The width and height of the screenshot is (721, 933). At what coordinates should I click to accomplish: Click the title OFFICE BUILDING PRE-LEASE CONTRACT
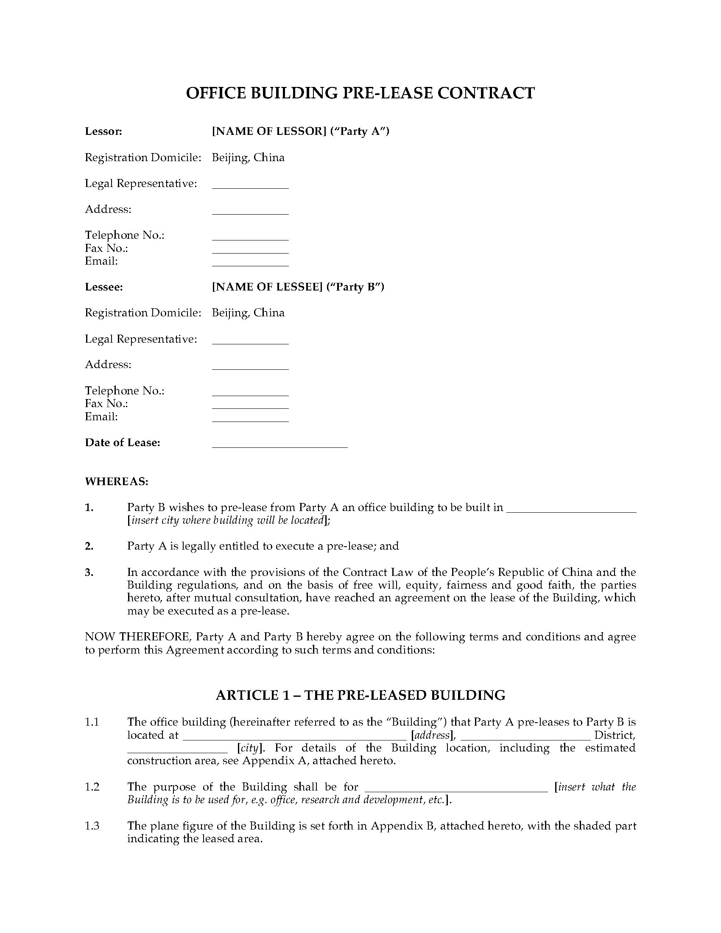[x=360, y=93]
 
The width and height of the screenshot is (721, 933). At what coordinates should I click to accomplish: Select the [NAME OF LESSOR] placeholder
[x=268, y=131]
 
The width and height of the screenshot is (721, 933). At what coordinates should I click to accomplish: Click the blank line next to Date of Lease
[x=280, y=446]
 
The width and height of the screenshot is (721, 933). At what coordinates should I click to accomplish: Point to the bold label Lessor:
[x=103, y=131]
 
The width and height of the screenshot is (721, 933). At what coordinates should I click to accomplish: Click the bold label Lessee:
[x=104, y=287]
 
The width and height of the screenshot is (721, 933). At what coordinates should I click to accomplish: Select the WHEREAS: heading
[x=117, y=481]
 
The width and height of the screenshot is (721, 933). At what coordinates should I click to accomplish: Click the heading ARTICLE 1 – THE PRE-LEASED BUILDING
[x=360, y=695]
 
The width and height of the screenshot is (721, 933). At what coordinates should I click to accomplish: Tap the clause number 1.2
[x=92, y=786]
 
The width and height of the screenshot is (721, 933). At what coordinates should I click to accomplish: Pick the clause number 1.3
[x=92, y=826]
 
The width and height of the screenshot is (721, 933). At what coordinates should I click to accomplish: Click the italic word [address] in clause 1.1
[x=433, y=735]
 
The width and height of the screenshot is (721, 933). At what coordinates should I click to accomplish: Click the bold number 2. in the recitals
[x=89, y=546]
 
